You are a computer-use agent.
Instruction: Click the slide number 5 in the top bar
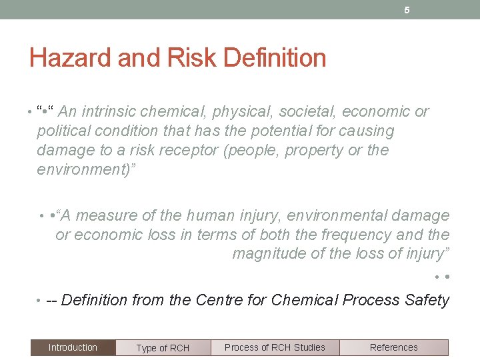click(x=407, y=10)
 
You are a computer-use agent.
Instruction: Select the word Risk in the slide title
click(x=191, y=59)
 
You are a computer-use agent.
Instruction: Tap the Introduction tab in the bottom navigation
click(x=73, y=347)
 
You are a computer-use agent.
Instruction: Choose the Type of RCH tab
click(x=163, y=348)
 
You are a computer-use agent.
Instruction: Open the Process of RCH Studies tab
click(x=275, y=347)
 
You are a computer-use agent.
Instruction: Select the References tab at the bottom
click(x=393, y=347)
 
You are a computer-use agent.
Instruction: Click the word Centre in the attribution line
click(x=219, y=300)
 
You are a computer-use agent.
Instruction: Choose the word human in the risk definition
click(x=211, y=215)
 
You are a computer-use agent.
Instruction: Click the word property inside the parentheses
click(x=315, y=150)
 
